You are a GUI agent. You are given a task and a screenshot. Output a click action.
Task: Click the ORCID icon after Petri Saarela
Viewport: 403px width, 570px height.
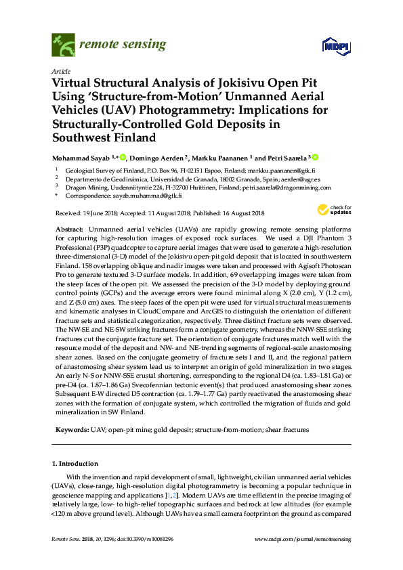(314, 157)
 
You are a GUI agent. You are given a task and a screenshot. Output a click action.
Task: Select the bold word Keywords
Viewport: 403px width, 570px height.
(69, 429)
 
